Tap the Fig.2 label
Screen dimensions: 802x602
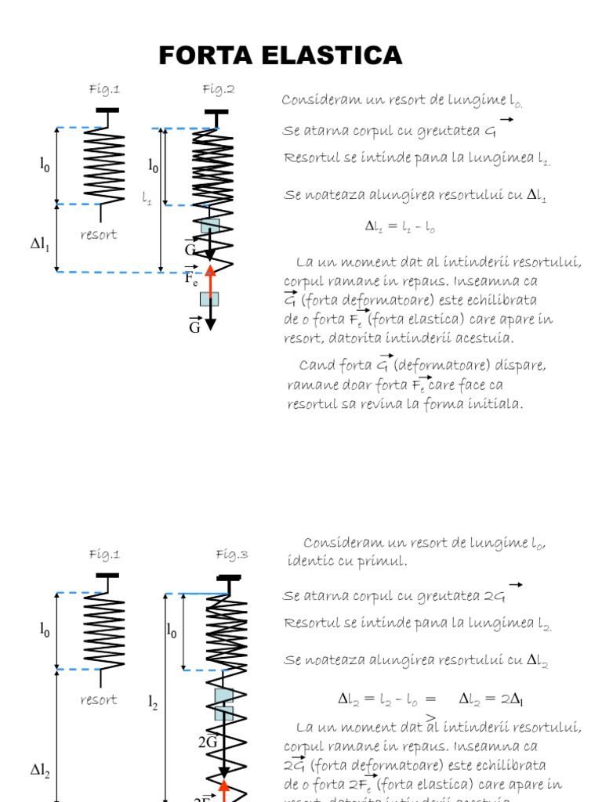click(x=219, y=89)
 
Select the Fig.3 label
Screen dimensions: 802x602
click(x=231, y=555)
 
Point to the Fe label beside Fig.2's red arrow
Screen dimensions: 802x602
click(x=191, y=278)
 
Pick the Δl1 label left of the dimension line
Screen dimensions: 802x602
click(x=40, y=245)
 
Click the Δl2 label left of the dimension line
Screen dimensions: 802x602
click(x=40, y=771)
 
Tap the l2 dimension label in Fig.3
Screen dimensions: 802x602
click(x=153, y=703)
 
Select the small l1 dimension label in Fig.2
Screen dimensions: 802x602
click(x=147, y=200)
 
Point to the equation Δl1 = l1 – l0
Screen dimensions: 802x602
click(x=400, y=227)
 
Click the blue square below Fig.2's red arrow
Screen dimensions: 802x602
click(x=209, y=298)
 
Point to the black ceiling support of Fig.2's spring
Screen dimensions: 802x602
click(x=212, y=111)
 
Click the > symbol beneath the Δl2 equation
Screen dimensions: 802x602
click(x=431, y=716)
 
